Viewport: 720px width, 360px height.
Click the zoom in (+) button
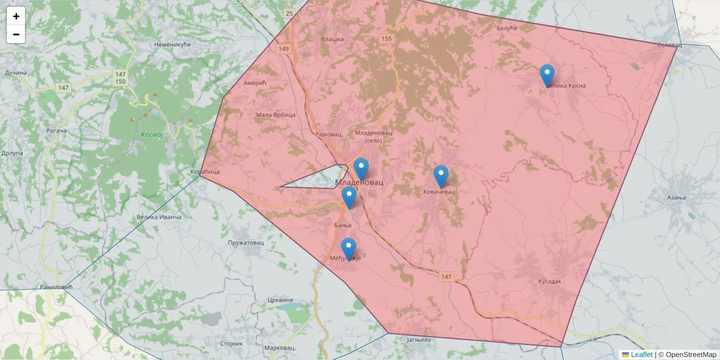tap(16, 16)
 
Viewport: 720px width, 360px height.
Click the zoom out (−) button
tap(16, 34)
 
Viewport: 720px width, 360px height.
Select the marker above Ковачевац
tap(441, 176)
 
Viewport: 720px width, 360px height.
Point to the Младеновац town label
tap(359, 181)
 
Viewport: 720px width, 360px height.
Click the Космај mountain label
tap(152, 134)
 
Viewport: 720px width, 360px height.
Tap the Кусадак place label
tap(549, 281)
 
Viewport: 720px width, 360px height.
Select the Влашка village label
tap(332, 39)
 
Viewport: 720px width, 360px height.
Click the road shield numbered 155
tap(386, 38)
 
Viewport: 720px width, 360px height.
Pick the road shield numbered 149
tap(284, 49)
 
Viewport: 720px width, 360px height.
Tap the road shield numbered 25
tap(289, 13)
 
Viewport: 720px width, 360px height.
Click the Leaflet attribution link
tap(641, 355)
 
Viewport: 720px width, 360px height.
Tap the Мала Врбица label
tap(275, 115)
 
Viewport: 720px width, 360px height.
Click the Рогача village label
tap(56, 130)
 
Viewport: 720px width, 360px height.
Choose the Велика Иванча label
tap(158, 216)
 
